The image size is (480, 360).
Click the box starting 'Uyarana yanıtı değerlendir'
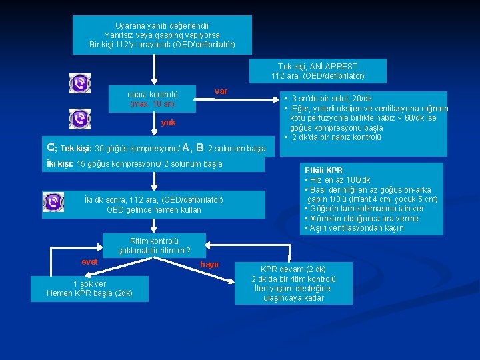pos(161,35)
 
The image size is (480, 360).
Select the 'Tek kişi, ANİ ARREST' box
pos(317,71)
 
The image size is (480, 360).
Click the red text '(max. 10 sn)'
pos(152,105)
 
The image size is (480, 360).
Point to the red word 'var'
pos(221,91)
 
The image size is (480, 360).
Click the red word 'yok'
pos(169,123)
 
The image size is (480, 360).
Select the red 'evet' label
pos(89,262)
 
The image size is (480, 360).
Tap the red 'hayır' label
pos(209,265)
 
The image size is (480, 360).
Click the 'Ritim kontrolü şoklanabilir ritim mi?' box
pos(154,246)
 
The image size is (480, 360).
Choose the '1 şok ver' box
pos(89,288)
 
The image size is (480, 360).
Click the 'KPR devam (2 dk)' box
pos(293,283)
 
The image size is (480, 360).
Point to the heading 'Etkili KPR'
pos(323,171)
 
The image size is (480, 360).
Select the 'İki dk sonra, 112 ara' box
pos(153,205)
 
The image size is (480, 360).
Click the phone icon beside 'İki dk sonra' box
pos(53,201)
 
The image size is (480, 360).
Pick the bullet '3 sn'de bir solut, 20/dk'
pos(328,99)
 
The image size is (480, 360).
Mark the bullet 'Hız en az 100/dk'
pos(338,180)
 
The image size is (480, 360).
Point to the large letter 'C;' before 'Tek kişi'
pos(51,147)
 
